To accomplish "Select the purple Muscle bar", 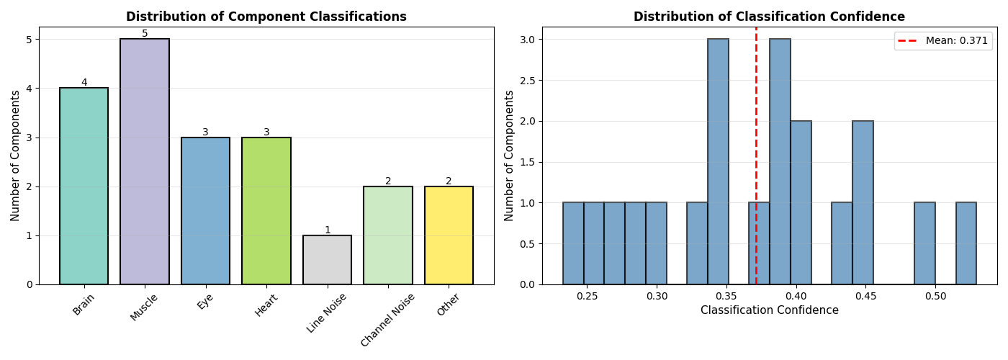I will click(x=145, y=161).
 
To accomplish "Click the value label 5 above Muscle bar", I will click(x=145, y=34).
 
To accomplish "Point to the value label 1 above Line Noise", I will click(x=327, y=230).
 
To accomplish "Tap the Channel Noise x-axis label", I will click(x=388, y=320).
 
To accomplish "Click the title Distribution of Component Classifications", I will click(x=266, y=17).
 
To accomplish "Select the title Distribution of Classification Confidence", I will click(x=769, y=17).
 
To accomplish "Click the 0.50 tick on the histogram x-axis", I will click(x=935, y=296).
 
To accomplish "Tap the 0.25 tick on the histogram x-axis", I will click(x=587, y=296).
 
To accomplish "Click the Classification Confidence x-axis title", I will click(x=769, y=310).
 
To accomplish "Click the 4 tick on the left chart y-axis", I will click(x=29, y=89).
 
